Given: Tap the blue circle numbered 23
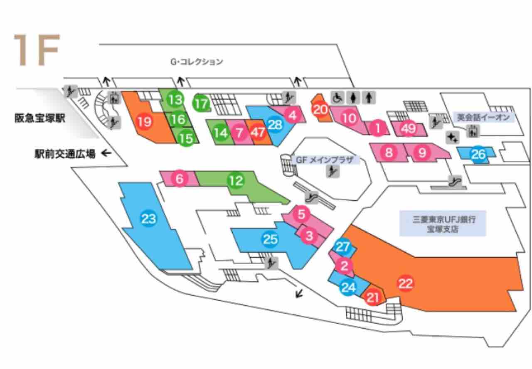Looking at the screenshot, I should [x=148, y=219].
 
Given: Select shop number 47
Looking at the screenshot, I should [x=258, y=133].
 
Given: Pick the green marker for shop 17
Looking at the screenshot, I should [x=201, y=104].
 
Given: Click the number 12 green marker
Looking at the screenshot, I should [x=236, y=181].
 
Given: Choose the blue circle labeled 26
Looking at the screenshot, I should [x=478, y=154].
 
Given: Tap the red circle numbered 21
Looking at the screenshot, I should [x=373, y=297].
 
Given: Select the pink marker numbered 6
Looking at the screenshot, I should [x=180, y=179].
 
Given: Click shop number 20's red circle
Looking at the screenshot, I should [x=320, y=110].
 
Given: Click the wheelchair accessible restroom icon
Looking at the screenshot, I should [x=337, y=97].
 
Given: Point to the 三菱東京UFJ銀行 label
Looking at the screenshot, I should [x=443, y=224].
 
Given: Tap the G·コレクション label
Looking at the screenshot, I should [x=197, y=62].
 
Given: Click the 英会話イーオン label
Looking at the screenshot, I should [x=483, y=118].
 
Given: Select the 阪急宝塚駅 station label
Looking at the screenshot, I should [x=40, y=118].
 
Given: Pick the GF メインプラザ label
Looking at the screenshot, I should [x=324, y=160].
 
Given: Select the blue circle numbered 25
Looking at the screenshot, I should [x=270, y=239].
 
